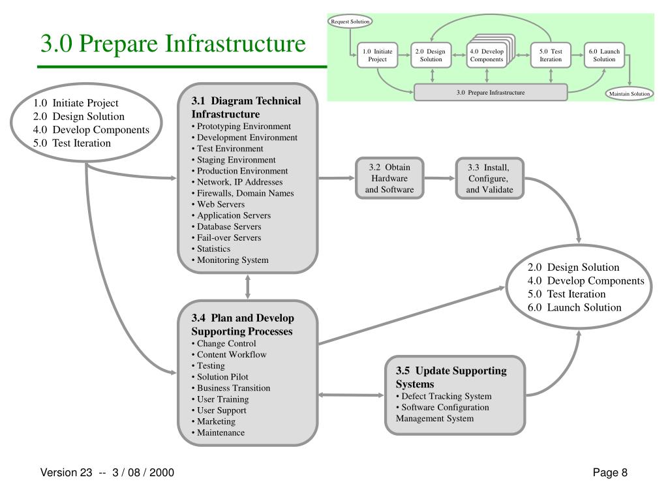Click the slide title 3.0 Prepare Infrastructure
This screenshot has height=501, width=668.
(173, 44)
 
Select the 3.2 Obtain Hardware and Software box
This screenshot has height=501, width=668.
(389, 178)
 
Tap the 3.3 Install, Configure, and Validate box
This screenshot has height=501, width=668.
(489, 178)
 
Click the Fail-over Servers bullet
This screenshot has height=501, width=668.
(229, 237)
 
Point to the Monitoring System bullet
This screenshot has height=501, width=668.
(233, 260)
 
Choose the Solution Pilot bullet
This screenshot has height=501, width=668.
(222, 376)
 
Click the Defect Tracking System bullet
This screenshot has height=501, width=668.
(446, 396)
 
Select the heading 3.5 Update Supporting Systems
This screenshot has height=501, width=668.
(451, 377)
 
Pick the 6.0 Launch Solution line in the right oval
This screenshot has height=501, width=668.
(575, 307)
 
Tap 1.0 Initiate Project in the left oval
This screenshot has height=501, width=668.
(76, 102)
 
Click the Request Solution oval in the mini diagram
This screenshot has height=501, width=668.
(350, 22)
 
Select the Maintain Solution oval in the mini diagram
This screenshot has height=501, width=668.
(630, 93)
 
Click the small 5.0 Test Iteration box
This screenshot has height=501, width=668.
(551, 55)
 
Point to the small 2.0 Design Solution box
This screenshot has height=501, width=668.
(431, 55)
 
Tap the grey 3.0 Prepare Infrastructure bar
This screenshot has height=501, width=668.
(491, 93)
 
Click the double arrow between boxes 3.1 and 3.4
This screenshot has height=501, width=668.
(248, 286)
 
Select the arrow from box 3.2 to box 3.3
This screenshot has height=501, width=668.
(439, 178)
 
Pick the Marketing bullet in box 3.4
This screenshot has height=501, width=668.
(216, 421)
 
